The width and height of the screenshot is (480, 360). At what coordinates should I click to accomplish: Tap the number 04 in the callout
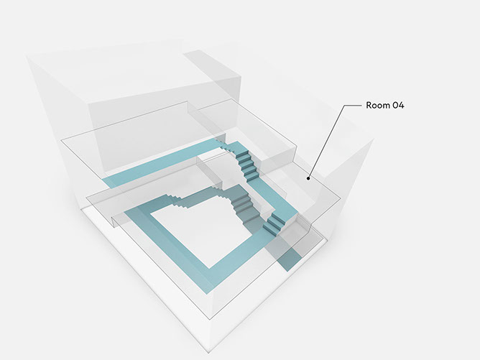tap(397, 106)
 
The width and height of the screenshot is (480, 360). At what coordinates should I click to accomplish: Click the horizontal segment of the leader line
tap(353, 106)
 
